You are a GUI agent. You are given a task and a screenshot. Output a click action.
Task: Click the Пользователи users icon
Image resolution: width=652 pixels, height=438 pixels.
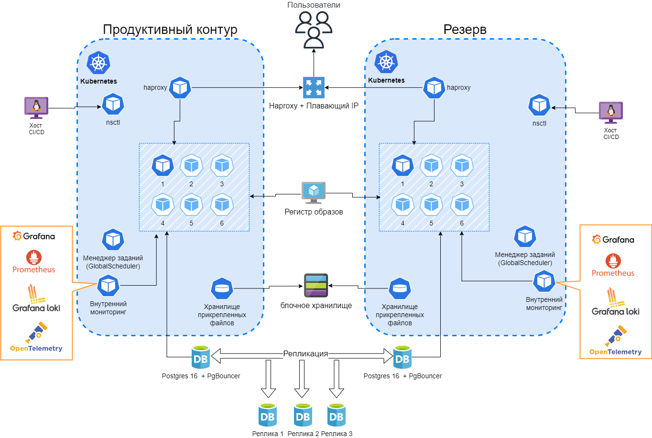(314, 30)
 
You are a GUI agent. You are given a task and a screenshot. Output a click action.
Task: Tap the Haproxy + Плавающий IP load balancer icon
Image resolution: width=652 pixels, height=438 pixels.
(314, 87)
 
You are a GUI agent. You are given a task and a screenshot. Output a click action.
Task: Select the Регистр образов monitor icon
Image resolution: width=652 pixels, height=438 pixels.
(314, 192)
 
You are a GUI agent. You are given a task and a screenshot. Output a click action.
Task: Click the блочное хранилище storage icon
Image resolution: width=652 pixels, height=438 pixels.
(316, 285)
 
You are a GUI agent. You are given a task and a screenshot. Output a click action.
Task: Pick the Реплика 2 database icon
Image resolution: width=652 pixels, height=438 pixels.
(303, 415)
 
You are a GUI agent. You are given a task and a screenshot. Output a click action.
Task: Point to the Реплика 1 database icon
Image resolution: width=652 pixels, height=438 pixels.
(268, 415)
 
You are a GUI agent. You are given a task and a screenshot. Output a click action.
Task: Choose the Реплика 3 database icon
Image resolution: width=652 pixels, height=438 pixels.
(337, 415)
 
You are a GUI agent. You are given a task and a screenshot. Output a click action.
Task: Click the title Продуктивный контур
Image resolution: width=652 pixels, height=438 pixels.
(170, 30)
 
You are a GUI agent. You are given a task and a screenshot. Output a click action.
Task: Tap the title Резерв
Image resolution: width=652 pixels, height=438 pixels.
(465, 30)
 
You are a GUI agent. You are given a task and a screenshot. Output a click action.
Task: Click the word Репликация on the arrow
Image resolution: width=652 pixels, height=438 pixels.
(305, 354)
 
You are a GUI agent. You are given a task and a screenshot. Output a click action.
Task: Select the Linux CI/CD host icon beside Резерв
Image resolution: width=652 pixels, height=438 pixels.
(611, 113)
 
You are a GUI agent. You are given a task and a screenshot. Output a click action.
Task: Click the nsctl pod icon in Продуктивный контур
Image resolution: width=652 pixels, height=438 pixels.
(113, 104)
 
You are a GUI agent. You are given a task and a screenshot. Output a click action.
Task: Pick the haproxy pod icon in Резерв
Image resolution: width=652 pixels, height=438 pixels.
(434, 88)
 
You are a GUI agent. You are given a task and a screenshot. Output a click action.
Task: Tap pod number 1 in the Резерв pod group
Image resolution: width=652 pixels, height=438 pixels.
(402, 166)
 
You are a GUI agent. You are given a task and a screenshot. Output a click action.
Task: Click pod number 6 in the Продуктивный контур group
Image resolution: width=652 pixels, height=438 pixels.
(222, 205)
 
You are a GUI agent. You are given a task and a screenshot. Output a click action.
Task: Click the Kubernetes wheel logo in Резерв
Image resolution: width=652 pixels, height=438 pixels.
(386, 62)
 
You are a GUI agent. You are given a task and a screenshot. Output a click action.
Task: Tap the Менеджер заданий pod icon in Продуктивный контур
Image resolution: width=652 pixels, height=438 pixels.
(113, 240)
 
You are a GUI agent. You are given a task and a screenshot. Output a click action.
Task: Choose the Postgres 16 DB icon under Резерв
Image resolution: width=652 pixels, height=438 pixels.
(402, 358)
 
